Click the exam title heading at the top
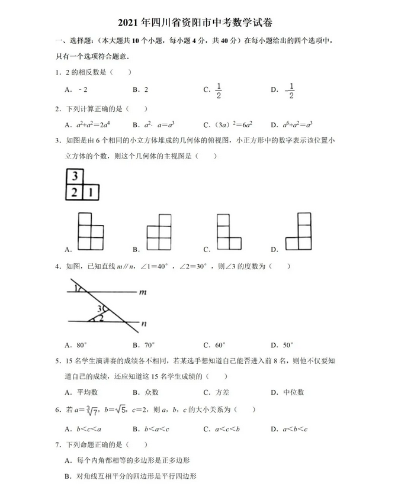[207, 23]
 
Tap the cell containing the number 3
[75, 177]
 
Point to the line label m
[143, 292]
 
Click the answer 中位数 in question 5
[293, 392]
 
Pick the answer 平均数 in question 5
[87, 392]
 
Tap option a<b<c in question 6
[294, 428]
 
